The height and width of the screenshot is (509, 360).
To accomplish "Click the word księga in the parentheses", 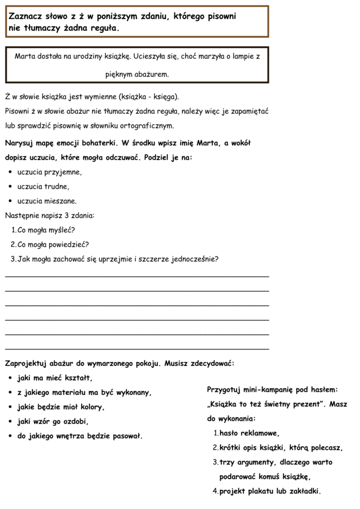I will click(165, 97).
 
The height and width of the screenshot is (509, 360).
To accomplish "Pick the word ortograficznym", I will click(148, 126).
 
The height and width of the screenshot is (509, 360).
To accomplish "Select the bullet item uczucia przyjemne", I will click(50, 172).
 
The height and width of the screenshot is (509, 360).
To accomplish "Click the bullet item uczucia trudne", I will click(43, 187).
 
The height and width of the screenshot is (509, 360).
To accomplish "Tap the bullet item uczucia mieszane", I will click(47, 201).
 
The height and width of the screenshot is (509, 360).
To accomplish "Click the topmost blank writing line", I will click(136, 275).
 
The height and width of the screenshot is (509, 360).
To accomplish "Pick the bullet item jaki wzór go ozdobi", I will click(53, 421).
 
